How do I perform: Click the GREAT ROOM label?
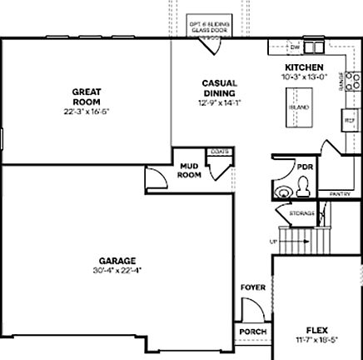(x=87, y=96)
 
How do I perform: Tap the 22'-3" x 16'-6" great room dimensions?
(x=87, y=111)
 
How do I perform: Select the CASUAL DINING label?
(x=218, y=87)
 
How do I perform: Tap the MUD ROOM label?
(x=190, y=171)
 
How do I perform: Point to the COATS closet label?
(x=220, y=151)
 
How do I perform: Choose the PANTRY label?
(x=340, y=193)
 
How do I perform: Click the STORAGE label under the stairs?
(x=301, y=214)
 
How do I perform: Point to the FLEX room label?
(x=317, y=327)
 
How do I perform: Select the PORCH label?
(x=253, y=332)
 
